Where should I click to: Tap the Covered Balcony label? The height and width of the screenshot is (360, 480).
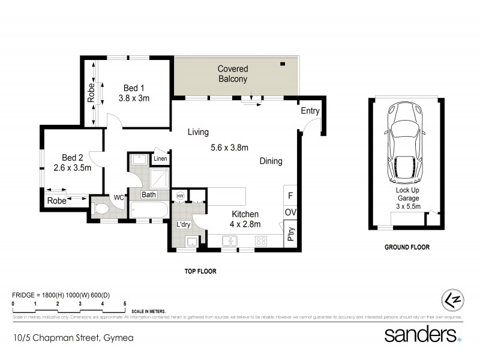232,74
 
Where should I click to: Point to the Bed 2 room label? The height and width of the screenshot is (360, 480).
72,163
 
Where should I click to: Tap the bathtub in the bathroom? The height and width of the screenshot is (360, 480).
148,211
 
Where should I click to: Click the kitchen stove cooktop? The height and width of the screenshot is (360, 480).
262,241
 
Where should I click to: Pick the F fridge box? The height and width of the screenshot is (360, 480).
290,196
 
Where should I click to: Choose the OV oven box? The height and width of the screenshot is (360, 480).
290,213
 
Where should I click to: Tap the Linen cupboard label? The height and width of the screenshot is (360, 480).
160,159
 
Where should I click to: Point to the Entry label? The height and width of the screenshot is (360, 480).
310,111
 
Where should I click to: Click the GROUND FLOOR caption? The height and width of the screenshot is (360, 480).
407,247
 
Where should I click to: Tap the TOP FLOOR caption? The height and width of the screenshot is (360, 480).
200,271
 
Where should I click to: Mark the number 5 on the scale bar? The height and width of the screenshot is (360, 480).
125,305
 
